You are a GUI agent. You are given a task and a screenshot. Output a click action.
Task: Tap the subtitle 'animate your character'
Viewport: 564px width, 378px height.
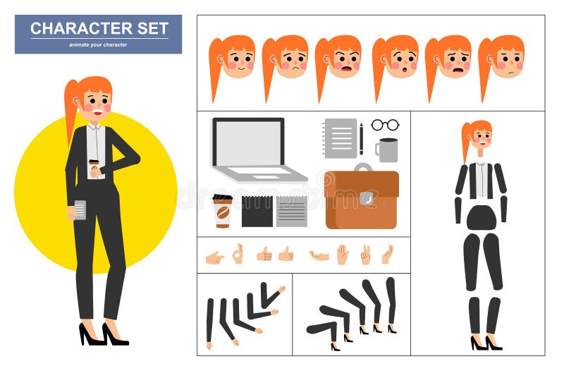pyautogui.click(x=98, y=44)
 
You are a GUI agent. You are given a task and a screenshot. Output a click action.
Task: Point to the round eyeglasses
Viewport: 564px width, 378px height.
pyautogui.click(x=385, y=125)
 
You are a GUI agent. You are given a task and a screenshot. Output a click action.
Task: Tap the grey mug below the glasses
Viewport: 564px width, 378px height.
pyautogui.click(x=387, y=150)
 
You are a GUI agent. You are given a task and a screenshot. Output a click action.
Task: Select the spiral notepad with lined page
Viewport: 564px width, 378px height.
pyautogui.click(x=341, y=138)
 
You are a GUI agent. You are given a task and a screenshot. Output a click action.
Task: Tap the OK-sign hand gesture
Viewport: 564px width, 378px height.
pyautogui.click(x=238, y=253)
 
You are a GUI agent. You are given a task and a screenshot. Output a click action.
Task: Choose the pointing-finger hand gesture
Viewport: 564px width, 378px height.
pyautogui.click(x=214, y=257)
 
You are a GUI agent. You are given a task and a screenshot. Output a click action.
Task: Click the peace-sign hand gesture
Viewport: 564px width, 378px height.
pyautogui.click(x=365, y=255)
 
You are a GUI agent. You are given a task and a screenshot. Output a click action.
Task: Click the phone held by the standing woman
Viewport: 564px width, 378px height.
pyautogui.click(x=80, y=209)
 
